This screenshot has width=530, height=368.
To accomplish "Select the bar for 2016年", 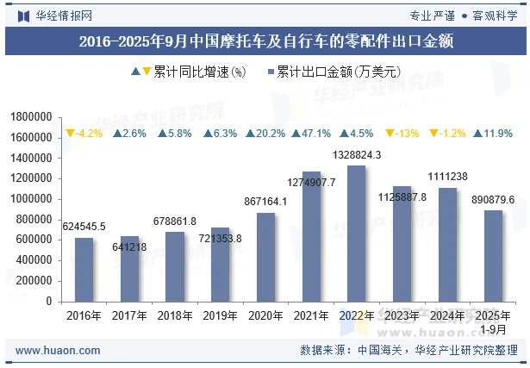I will pyautogui.click(x=84, y=270).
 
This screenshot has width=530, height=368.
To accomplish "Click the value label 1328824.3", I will pyautogui.click(x=356, y=155).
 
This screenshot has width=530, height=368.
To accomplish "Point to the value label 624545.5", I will pyautogui.click(x=84, y=226).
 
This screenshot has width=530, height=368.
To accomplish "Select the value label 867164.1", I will pyautogui.click(x=265, y=201).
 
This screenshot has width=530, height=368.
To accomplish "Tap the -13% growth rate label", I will pyautogui.click(x=402, y=134).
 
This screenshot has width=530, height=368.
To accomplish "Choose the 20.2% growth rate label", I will pyautogui.click(x=265, y=134).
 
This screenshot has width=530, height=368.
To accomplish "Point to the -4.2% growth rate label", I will pyautogui.click(x=84, y=134).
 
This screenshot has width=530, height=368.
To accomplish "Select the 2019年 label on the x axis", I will pyautogui.click(x=220, y=316).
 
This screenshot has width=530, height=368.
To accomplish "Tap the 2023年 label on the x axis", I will pyautogui.click(x=402, y=316).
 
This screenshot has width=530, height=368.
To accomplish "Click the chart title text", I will pyautogui.click(x=265, y=41).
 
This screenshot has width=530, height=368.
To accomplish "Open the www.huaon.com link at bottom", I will pyautogui.click(x=53, y=351).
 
